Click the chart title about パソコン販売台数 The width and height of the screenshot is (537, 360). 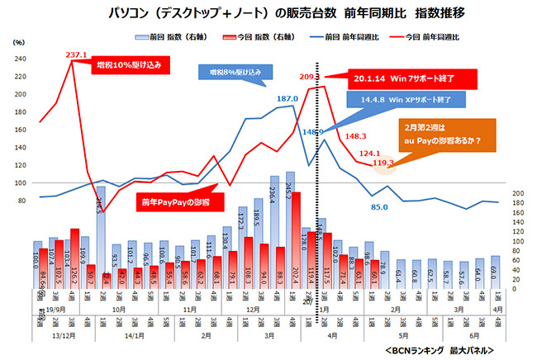click(269, 14)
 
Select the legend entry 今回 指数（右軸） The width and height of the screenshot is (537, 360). click(249, 37)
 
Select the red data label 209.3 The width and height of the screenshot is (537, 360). click(310, 77)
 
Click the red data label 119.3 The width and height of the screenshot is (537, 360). click(383, 163)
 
